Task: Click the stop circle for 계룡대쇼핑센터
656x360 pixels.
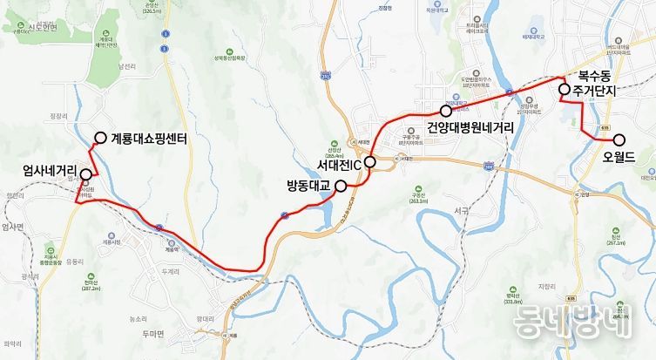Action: pos(101,138)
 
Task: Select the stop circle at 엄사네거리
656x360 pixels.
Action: pos(85,173)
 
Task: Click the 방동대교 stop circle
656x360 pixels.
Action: pos(341,185)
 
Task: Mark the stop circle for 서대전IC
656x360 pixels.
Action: pos(369,162)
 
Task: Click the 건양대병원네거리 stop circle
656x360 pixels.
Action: pos(446,112)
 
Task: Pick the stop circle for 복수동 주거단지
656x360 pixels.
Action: pos(565,89)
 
